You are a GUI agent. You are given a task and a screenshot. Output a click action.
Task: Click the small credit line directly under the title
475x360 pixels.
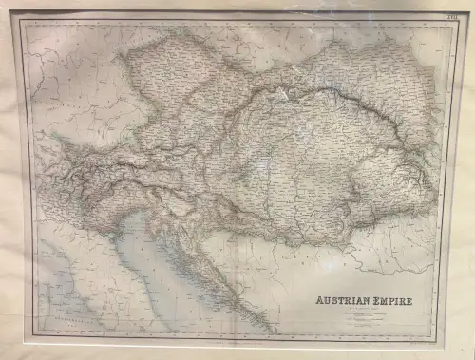tap(366, 309)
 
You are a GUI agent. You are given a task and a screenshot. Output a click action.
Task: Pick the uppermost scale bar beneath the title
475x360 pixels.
tap(366, 315)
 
